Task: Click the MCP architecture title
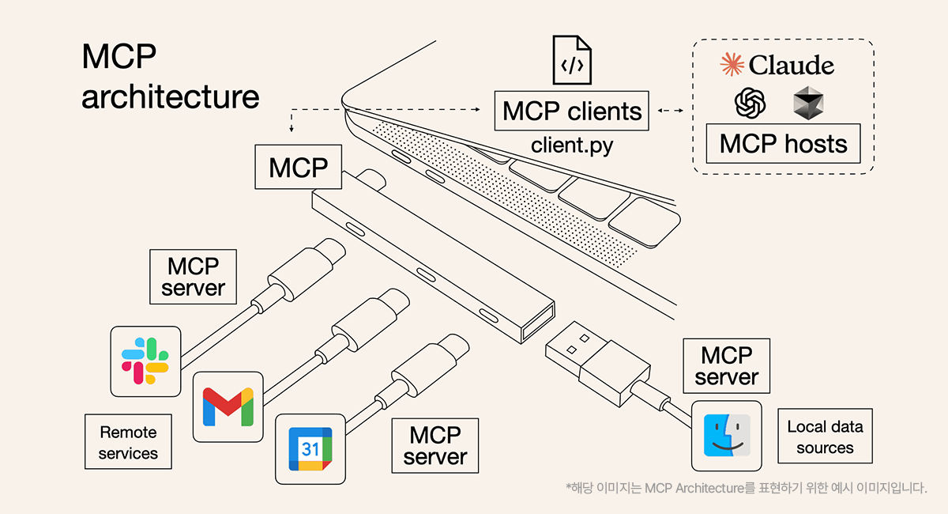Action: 170,77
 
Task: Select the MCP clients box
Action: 572,111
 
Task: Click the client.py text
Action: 572,146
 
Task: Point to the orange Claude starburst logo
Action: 732,65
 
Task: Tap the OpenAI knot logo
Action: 750,103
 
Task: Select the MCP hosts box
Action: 783,143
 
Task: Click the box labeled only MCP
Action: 299,167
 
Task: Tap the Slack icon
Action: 145,361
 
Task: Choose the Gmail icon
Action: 228,406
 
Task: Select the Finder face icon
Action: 727,436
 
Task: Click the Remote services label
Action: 128,443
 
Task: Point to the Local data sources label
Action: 825,437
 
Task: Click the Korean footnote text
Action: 746,488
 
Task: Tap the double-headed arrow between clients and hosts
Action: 671,111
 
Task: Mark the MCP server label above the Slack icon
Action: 193,277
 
